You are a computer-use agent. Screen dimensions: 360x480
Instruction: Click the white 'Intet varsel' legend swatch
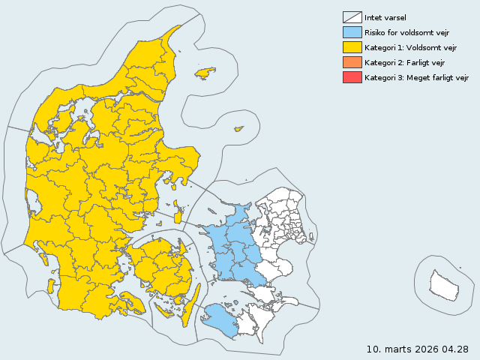352,17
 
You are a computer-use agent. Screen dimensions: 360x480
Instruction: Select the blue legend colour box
352,32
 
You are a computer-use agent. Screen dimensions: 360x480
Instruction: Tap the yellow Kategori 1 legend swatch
352,47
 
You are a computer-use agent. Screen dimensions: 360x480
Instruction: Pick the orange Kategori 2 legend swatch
352,62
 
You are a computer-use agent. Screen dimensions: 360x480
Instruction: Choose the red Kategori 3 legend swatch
352,77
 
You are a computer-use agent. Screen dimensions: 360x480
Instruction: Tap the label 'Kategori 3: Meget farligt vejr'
417,77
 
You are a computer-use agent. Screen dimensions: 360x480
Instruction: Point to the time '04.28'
455,349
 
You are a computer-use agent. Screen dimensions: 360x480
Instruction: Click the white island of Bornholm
443,284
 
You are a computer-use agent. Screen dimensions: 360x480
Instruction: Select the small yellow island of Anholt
239,129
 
